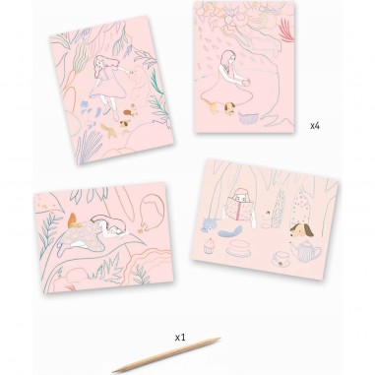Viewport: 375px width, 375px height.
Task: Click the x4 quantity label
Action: point(315,126)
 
